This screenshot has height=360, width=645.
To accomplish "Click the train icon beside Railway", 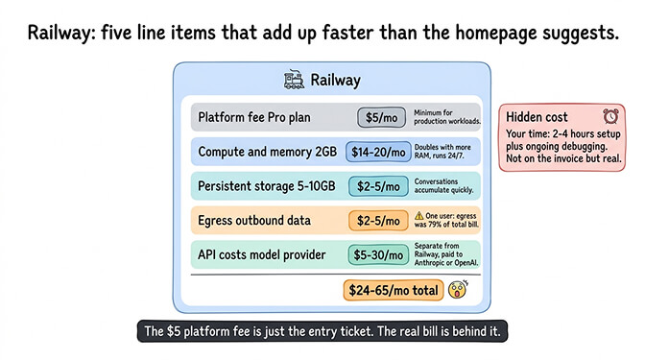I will click(x=295, y=81).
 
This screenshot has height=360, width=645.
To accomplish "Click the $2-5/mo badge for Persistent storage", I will click(x=378, y=185).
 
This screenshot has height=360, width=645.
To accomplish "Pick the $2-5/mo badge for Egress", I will click(x=378, y=220).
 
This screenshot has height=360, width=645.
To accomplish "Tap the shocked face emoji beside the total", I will click(x=460, y=289).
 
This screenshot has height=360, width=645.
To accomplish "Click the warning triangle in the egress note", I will click(x=418, y=215).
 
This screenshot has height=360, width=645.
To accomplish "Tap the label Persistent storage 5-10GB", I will click(x=265, y=185).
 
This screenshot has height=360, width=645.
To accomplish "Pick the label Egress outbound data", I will click(x=253, y=220).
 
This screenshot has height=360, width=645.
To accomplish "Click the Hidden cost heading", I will click(x=536, y=117).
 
